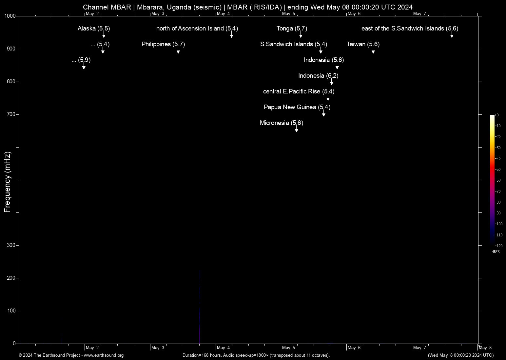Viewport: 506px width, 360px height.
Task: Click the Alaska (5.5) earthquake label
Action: click(x=94, y=29)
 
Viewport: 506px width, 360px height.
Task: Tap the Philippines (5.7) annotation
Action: click(x=163, y=44)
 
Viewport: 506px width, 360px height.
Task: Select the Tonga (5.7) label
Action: click(x=292, y=29)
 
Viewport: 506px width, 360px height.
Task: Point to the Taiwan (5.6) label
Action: click(x=363, y=44)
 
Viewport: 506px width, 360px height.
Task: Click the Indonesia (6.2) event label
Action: click(x=318, y=76)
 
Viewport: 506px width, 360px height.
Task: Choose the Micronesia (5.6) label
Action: click(x=281, y=123)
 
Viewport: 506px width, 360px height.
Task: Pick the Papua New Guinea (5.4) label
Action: click(x=297, y=107)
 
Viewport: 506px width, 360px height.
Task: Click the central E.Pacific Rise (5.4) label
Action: click(x=299, y=91)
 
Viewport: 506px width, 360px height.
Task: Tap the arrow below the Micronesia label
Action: click(x=297, y=130)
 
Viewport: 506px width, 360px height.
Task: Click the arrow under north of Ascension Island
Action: click(x=232, y=36)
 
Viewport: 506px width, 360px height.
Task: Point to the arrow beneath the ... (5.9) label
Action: click(x=84, y=67)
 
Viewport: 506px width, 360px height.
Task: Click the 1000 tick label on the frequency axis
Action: click(x=10, y=16)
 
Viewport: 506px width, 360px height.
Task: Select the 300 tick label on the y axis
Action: click(x=11, y=245)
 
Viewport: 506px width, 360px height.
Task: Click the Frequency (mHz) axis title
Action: click(x=8, y=182)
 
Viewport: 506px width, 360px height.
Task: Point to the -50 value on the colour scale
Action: click(x=498, y=170)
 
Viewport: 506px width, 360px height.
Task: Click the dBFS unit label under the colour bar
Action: click(x=496, y=252)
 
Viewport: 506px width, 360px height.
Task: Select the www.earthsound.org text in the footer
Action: click(x=104, y=355)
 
